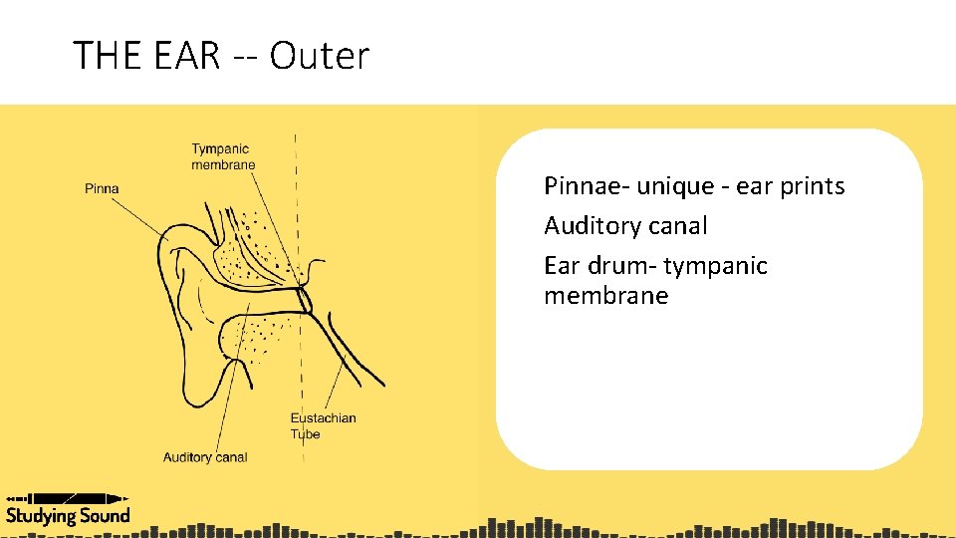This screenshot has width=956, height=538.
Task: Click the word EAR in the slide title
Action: tap(187, 56)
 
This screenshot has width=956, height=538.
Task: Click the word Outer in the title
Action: tap(319, 56)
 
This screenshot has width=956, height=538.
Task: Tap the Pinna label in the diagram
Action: tap(102, 188)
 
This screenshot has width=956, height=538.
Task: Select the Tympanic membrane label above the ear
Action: tap(223, 156)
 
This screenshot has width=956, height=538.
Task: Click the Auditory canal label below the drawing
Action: tap(205, 457)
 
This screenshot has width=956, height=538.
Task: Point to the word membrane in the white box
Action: tap(605, 296)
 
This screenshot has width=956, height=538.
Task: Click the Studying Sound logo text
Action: tap(68, 515)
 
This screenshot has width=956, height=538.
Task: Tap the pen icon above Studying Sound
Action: tap(68, 497)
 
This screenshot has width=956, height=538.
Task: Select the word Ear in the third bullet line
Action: tap(562, 266)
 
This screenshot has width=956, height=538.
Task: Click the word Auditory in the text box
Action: tap(591, 226)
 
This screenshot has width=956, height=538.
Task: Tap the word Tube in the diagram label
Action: tap(305, 433)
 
